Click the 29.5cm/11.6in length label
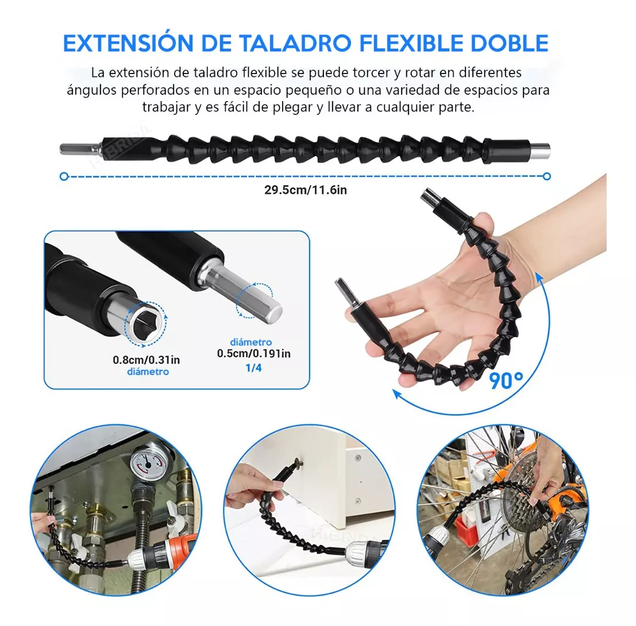click(306, 190)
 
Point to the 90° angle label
click(506, 380)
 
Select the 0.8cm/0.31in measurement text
click(147, 360)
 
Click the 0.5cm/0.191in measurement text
click(253, 354)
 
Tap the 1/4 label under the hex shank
click(253, 368)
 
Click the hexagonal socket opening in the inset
click(145, 323)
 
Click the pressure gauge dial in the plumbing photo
click(148, 463)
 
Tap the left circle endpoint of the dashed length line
click(64, 176)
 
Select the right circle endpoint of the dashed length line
click(547, 176)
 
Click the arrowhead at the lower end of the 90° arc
click(398, 394)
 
